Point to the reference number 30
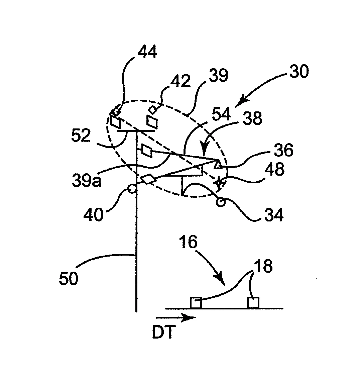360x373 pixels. [299, 71]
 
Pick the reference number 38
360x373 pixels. [253, 118]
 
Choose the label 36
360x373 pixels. [284, 150]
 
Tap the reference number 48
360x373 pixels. [274, 169]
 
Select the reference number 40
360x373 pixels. [93, 214]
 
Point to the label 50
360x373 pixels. [69, 278]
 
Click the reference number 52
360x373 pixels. [81, 135]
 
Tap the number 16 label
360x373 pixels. [188, 242]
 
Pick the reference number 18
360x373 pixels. [263, 266]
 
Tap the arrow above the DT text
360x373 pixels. [176, 317]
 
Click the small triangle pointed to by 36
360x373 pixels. [218, 165]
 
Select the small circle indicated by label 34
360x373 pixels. [220, 202]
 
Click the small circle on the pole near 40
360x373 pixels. [132, 189]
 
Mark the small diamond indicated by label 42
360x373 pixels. [152, 110]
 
